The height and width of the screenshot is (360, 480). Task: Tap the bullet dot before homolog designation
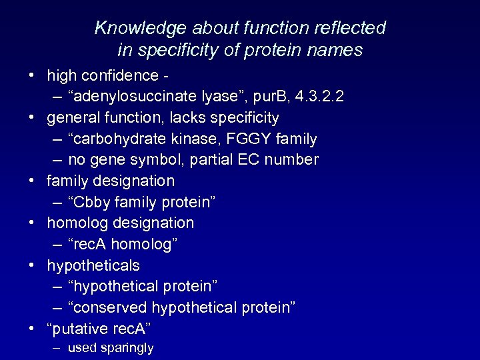32,223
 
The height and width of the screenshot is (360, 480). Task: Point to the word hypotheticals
93,265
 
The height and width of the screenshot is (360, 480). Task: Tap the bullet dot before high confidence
32,75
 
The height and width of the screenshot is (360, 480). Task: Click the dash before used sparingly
57,348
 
